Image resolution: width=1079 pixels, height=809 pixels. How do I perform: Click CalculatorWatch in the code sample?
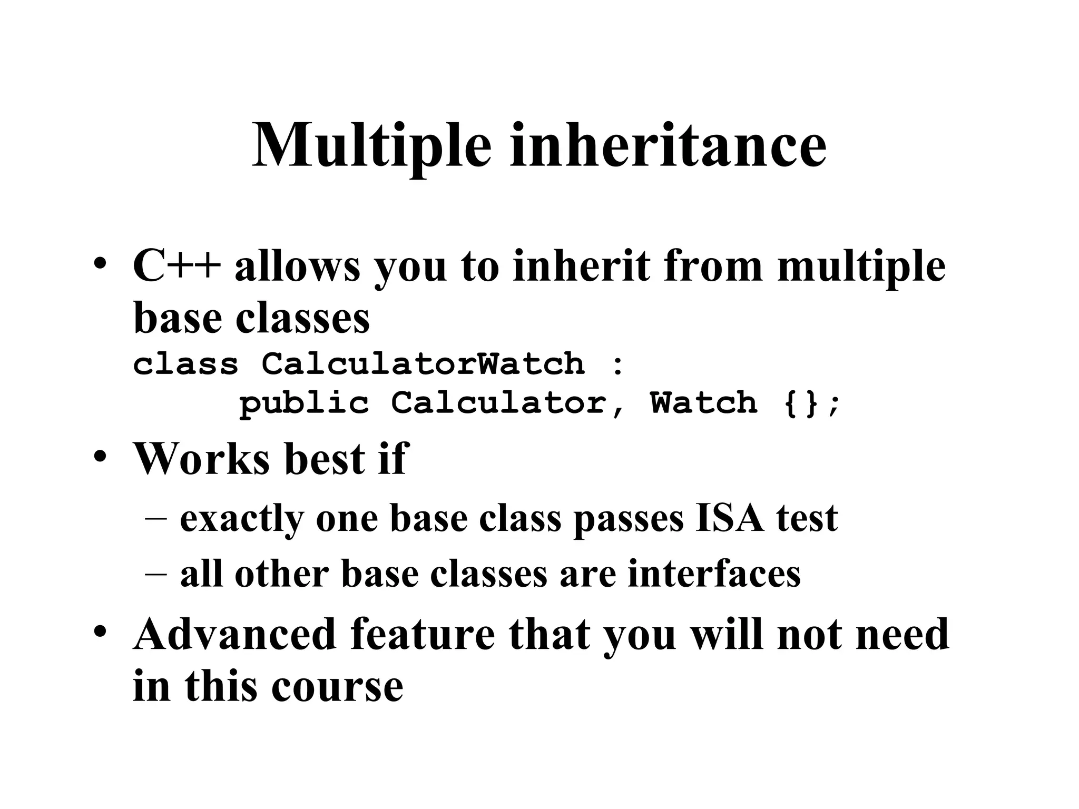click(423, 364)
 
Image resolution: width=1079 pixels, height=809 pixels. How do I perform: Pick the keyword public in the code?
click(304, 403)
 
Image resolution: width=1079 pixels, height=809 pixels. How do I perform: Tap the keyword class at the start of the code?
click(185, 364)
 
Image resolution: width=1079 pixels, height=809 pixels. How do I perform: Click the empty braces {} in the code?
click(801, 403)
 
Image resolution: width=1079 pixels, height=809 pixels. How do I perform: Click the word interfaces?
click(714, 574)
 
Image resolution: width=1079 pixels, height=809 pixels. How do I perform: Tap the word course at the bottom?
click(337, 687)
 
